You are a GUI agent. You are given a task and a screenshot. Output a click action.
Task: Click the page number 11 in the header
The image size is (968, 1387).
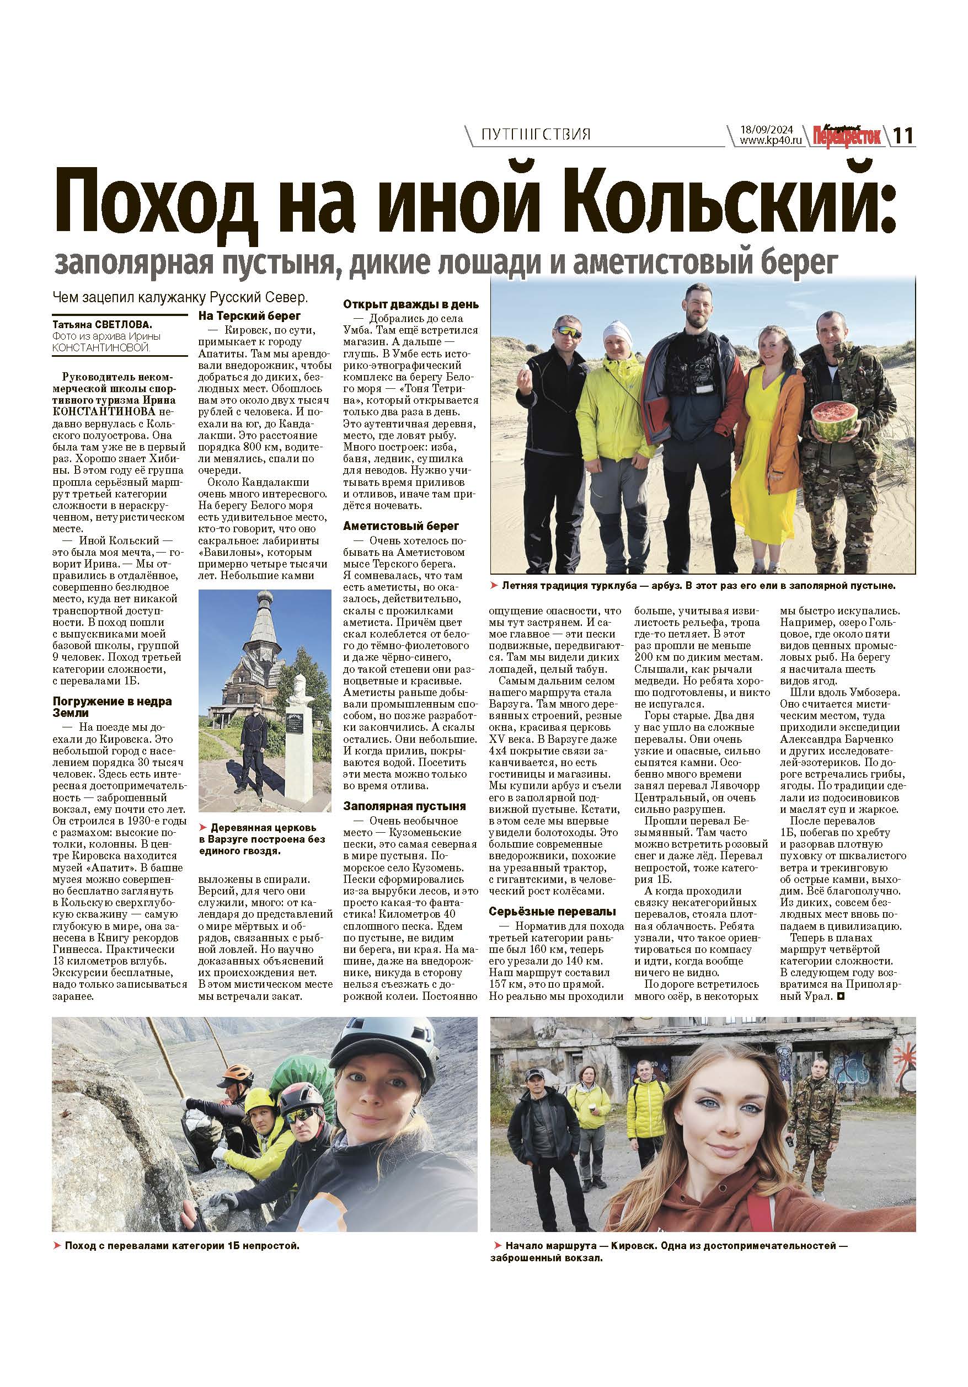903,136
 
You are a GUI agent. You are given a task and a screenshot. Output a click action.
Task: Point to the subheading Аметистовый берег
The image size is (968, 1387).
400,526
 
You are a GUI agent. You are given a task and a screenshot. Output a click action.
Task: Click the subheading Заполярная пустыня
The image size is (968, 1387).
404,806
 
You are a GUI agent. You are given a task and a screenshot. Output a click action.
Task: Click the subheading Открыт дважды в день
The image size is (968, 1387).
411,304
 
